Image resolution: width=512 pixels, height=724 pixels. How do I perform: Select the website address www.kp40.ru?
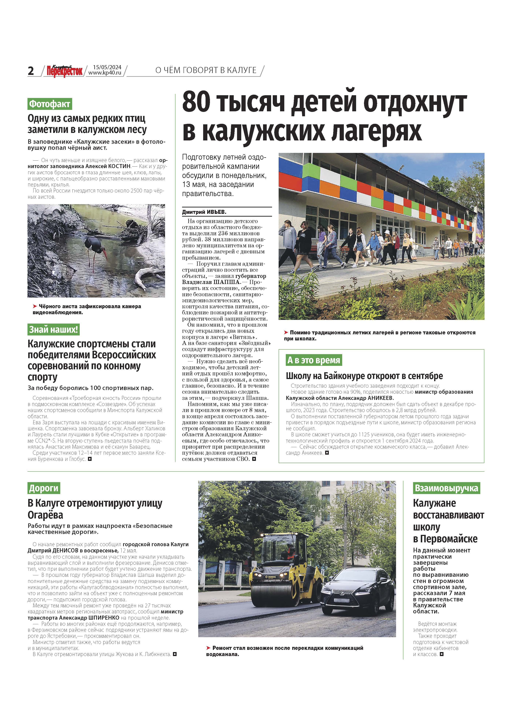point(105,73)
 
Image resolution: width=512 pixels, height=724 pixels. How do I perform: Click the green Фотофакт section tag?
point(49,104)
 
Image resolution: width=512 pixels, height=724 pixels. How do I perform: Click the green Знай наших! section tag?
point(53,330)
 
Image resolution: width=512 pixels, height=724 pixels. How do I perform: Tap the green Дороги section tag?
point(44,488)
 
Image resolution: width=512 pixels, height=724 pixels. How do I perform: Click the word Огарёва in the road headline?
point(45,515)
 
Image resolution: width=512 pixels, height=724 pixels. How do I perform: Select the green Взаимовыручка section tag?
point(446,488)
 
